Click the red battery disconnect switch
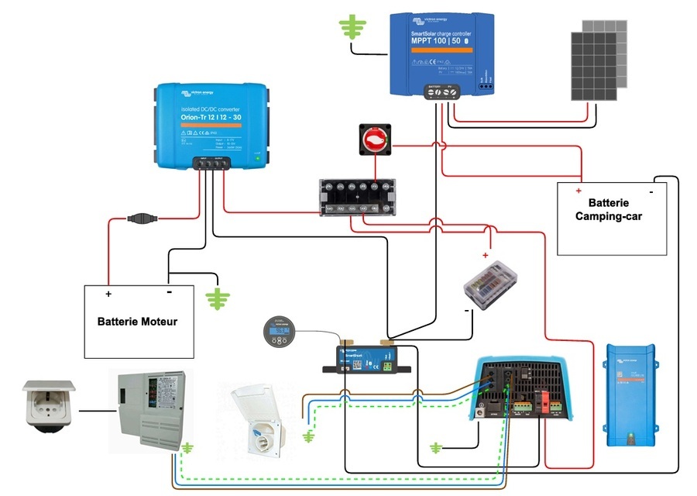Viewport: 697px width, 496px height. tap(373, 140)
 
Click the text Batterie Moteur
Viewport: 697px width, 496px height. tap(137, 321)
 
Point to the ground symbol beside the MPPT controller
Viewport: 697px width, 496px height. tap(353, 26)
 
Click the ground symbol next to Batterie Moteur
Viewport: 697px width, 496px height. tap(218, 298)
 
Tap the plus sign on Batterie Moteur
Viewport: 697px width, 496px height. tap(108, 294)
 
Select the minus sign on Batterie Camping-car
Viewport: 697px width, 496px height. tap(652, 189)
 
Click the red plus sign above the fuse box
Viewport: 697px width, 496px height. tap(486, 255)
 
